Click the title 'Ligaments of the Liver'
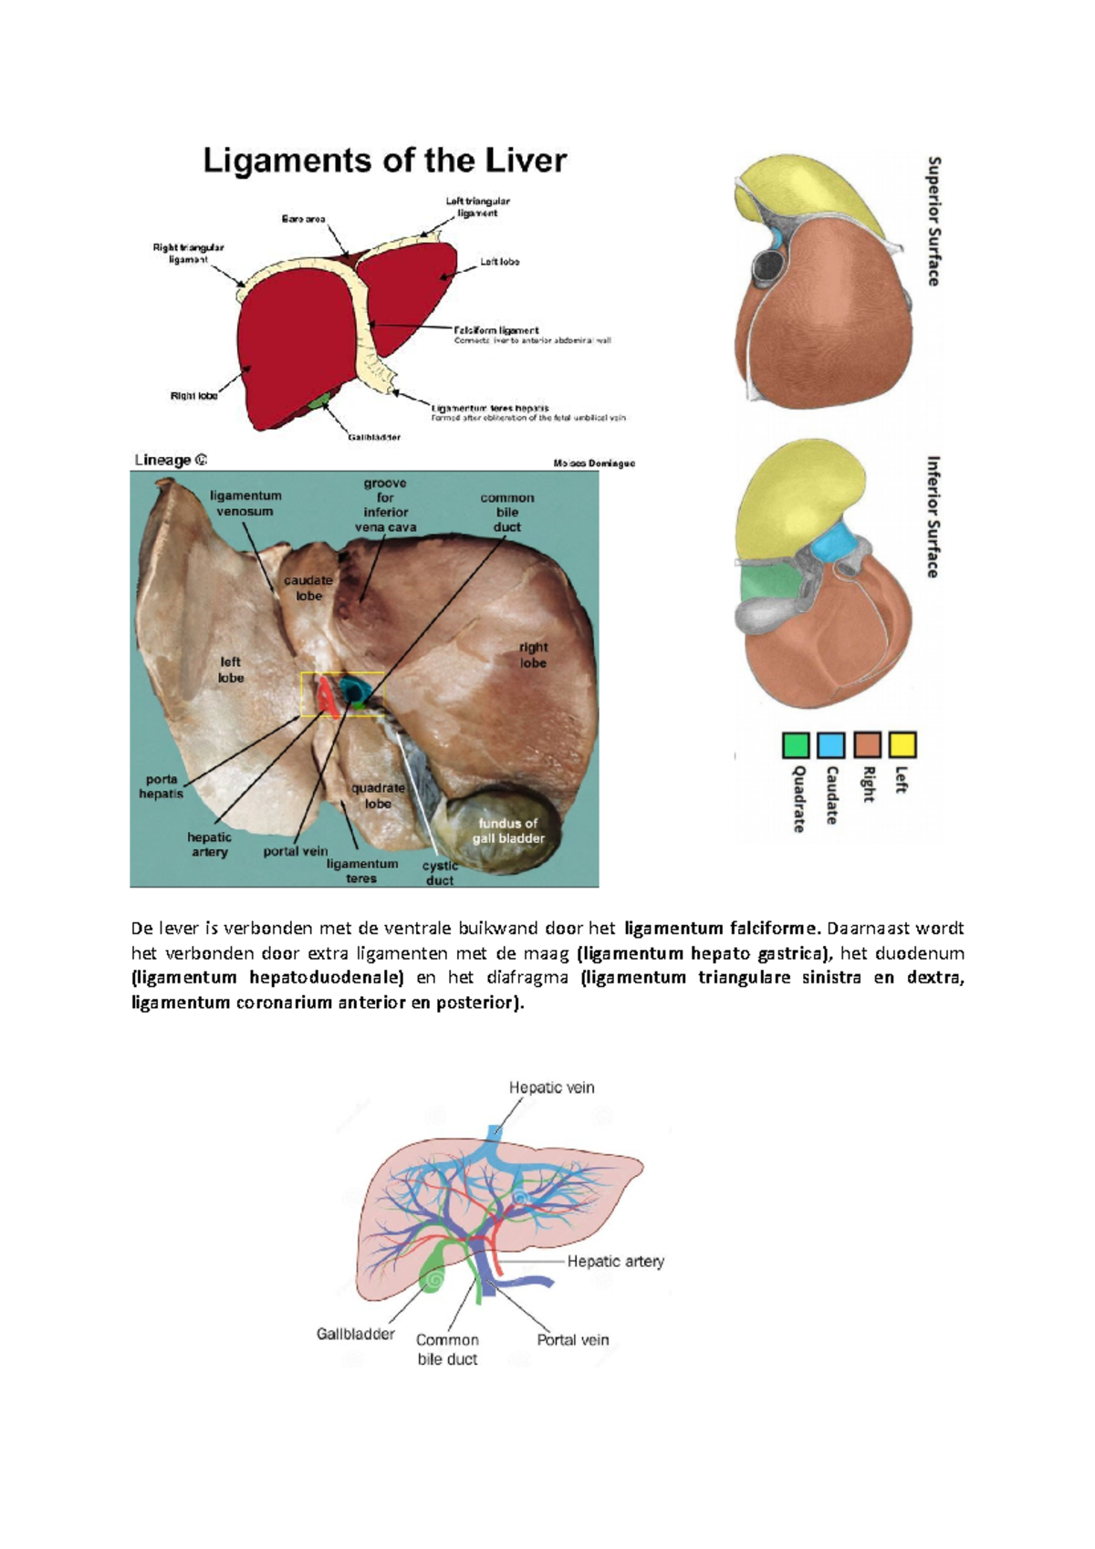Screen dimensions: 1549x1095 pos(384,161)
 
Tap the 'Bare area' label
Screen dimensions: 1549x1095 pos(303,220)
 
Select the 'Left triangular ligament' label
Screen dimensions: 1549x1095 pos(478,207)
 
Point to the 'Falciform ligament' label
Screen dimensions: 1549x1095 pos(496,330)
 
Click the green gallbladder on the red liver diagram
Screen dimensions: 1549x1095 pos(318,400)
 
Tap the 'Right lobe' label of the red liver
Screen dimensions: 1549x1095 pos(193,396)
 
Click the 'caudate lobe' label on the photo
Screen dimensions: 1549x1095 pos(308,587)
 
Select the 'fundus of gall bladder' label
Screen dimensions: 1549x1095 pos(507,830)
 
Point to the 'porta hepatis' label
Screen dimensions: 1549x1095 pos(162,786)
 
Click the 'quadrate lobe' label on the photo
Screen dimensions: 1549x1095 pos(378,795)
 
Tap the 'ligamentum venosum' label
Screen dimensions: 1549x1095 pos(245,504)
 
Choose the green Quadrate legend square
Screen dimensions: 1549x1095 pos(796,745)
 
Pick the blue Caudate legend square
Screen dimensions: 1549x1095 pos(830,745)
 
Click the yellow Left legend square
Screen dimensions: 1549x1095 pos(902,745)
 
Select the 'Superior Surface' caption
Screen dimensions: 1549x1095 pos(933,221)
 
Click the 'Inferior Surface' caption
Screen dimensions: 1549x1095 pos(933,516)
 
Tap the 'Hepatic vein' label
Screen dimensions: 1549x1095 pos(551,1087)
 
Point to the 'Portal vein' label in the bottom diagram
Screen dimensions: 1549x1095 pos(572,1340)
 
